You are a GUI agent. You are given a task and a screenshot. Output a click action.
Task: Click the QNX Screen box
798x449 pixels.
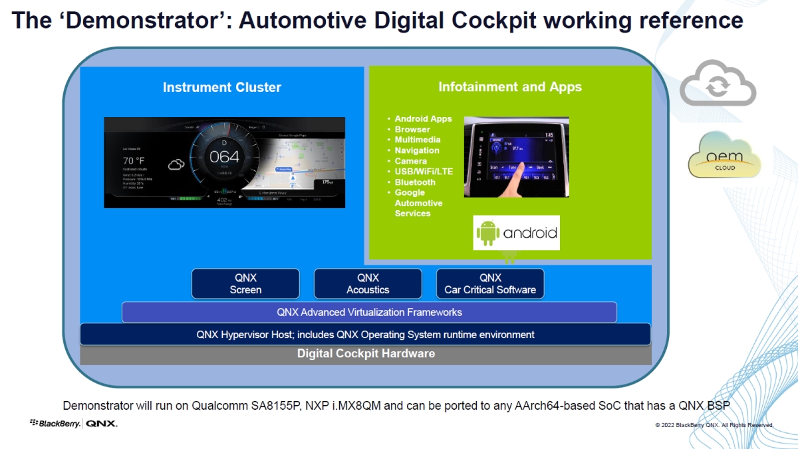[x=245, y=283]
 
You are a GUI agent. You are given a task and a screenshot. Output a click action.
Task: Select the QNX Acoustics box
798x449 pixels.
[x=368, y=283]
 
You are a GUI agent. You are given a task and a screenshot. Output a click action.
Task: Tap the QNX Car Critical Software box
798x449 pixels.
[x=490, y=283]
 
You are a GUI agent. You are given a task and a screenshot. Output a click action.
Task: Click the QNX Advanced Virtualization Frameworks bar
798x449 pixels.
[x=369, y=312]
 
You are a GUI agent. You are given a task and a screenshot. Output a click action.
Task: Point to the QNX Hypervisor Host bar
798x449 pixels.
[x=365, y=335]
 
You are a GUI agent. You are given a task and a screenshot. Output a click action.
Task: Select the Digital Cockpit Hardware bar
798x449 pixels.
[x=366, y=354]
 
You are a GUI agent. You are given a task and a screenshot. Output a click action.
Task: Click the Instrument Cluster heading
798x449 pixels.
[x=222, y=87]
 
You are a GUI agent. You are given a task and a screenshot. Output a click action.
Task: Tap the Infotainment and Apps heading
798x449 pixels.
[x=510, y=86]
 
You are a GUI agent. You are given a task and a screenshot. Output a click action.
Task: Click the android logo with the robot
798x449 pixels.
[x=517, y=233]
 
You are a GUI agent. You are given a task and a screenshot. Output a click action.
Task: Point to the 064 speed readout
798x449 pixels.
[x=224, y=158]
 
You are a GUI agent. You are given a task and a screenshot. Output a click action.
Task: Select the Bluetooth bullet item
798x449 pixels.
[x=415, y=182]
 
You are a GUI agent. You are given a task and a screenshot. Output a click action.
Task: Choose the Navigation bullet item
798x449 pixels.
[x=417, y=150]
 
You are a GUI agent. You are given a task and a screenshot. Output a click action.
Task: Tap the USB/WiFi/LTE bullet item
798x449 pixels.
[x=424, y=172]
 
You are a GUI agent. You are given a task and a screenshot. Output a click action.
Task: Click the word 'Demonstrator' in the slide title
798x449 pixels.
[x=150, y=21]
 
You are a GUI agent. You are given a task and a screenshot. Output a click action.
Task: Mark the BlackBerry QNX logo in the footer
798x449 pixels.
[x=74, y=424]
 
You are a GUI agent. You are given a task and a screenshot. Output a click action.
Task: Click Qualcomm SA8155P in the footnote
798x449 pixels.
[x=249, y=405]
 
